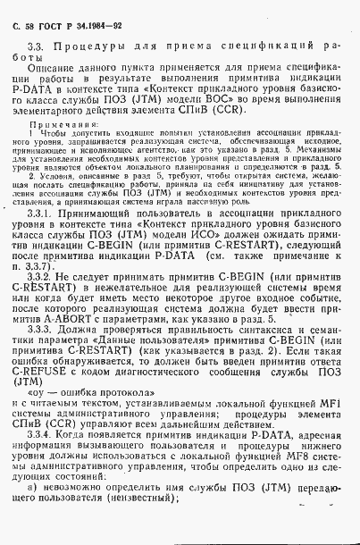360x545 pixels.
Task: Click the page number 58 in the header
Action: (31, 15)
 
